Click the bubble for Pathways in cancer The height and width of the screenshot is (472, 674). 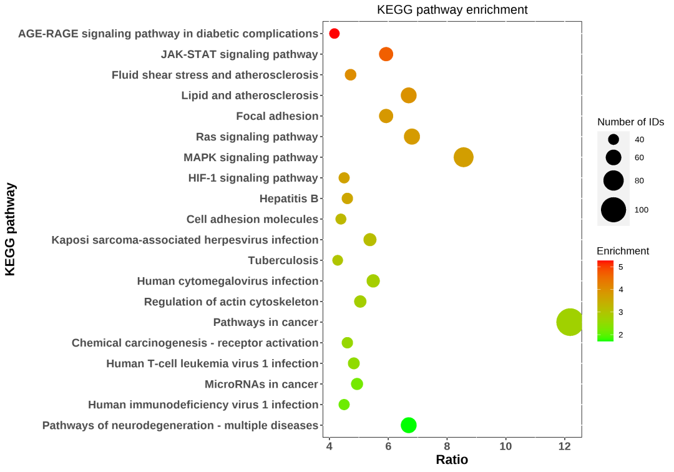point(569,322)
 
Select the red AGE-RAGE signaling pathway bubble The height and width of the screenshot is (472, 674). point(334,34)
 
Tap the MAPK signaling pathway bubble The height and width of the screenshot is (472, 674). point(463,157)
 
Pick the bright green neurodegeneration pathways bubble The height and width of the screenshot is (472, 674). point(408,425)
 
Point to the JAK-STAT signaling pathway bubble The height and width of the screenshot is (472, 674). point(386,54)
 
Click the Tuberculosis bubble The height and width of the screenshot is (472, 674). point(338,260)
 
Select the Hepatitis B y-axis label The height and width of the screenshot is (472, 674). point(289,199)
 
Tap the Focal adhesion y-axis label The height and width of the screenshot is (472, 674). point(277,116)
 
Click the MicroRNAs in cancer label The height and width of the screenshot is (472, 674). point(261,384)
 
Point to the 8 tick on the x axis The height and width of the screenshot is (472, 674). point(447,446)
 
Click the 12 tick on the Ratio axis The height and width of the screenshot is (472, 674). point(565,446)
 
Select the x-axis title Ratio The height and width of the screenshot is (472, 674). point(452,460)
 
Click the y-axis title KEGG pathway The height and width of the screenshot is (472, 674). point(10,229)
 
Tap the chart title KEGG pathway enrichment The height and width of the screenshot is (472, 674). point(452,10)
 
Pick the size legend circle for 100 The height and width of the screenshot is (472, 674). point(613,210)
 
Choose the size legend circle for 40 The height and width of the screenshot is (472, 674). point(613,139)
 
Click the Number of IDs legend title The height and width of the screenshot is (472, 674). point(630,122)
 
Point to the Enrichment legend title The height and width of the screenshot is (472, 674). point(623,251)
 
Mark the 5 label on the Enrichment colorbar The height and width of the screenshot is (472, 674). point(620,267)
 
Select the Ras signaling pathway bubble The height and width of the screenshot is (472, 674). point(412,137)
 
